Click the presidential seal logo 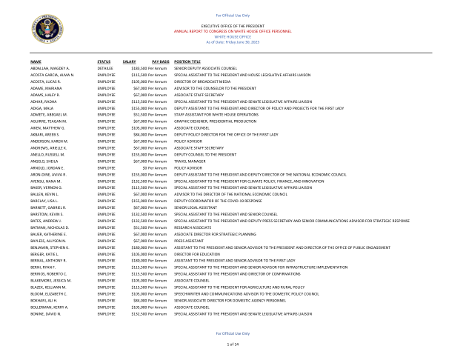pyautogui.click(x=47, y=29)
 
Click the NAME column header pyautogui.click(x=36, y=61)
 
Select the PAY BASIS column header pyautogui.click(x=160, y=61)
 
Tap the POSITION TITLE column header pyautogui.click(x=187, y=61)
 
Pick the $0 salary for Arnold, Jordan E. pyautogui.click(x=144, y=168)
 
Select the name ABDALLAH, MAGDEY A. pyautogui.click(x=50, y=68)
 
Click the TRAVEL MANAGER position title pyautogui.click(x=190, y=161)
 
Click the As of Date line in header pyautogui.click(x=233, y=41)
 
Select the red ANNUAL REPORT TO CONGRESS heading pyautogui.click(x=233, y=31)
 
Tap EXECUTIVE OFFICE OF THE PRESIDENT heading pyautogui.click(x=233, y=26)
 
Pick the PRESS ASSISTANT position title pyautogui.click(x=188, y=241)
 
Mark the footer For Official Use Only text pyautogui.click(x=233, y=333)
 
